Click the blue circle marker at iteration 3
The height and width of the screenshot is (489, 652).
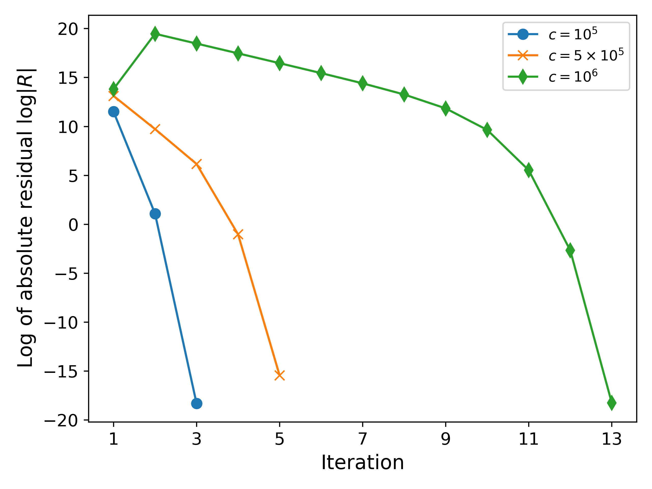[x=197, y=403]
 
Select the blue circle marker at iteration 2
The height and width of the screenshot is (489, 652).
[x=155, y=214]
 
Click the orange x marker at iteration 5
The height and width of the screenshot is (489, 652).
[x=279, y=375]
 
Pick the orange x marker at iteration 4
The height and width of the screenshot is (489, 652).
[x=238, y=234]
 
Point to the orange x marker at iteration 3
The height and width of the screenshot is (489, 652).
[x=197, y=164]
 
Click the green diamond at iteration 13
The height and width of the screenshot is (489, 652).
[x=612, y=403]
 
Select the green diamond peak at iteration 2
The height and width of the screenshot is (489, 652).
[x=155, y=34]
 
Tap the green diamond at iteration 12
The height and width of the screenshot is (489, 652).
[x=570, y=250]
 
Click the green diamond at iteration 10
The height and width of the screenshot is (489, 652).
[x=487, y=130]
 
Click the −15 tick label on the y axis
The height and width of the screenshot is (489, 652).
[x=61, y=372]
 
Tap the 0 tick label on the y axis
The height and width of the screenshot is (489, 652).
[x=73, y=225]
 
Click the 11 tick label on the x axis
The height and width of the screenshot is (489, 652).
[x=528, y=439]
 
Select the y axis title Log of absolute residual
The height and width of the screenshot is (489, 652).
[x=26, y=218]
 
